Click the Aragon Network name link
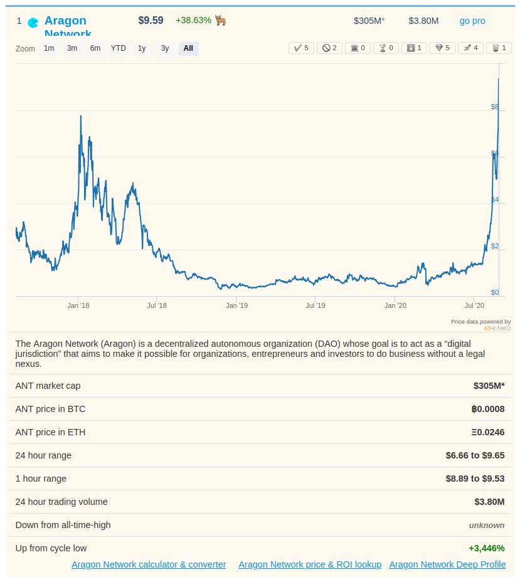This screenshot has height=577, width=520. [x=65, y=21]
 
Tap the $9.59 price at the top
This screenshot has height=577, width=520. [x=151, y=20]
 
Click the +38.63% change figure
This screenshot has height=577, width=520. [x=194, y=20]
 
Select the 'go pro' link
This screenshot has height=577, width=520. [x=472, y=21]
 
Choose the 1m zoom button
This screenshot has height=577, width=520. [x=49, y=48]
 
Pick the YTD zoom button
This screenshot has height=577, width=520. [x=119, y=48]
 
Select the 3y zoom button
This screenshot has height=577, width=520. [x=165, y=48]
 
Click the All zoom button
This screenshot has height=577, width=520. [x=188, y=48]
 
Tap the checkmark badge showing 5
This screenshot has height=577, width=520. [x=301, y=48]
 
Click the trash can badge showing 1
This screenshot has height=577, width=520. [x=499, y=48]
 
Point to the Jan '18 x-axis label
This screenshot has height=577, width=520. [x=78, y=305]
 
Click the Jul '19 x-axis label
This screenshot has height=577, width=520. [x=315, y=305]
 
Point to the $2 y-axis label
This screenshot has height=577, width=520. [x=495, y=246]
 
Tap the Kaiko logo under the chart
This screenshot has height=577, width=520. [x=497, y=328]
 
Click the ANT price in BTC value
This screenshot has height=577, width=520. [x=488, y=409]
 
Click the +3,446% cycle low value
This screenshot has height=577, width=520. [x=486, y=548]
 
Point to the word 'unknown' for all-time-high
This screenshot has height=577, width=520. [x=486, y=525]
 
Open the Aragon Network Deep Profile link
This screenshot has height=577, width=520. [x=447, y=564]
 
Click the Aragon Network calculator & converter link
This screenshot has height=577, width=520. [x=149, y=564]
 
